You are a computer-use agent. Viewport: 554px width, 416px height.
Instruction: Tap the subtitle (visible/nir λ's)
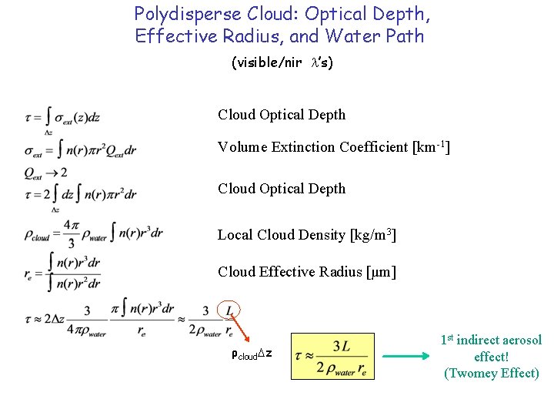pos(282,63)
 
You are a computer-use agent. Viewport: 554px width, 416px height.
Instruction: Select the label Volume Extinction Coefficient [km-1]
pos(333,146)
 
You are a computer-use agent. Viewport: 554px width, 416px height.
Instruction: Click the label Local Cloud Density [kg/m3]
pos(307,234)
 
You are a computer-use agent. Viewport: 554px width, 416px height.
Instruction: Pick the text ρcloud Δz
pos(252,355)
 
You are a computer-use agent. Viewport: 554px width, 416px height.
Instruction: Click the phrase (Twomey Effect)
pos(492,374)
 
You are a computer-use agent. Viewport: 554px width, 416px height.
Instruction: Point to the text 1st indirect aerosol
pos(491,340)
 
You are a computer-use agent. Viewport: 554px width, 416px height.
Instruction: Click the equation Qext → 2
pos(45,171)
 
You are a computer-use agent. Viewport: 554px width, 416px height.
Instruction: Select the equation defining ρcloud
pos(92,234)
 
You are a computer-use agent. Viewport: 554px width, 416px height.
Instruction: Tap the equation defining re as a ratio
pos(63,273)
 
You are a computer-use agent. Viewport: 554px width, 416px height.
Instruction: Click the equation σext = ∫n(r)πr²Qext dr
pos(80,149)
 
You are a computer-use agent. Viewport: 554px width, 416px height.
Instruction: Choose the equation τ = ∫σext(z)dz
pos(62,118)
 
